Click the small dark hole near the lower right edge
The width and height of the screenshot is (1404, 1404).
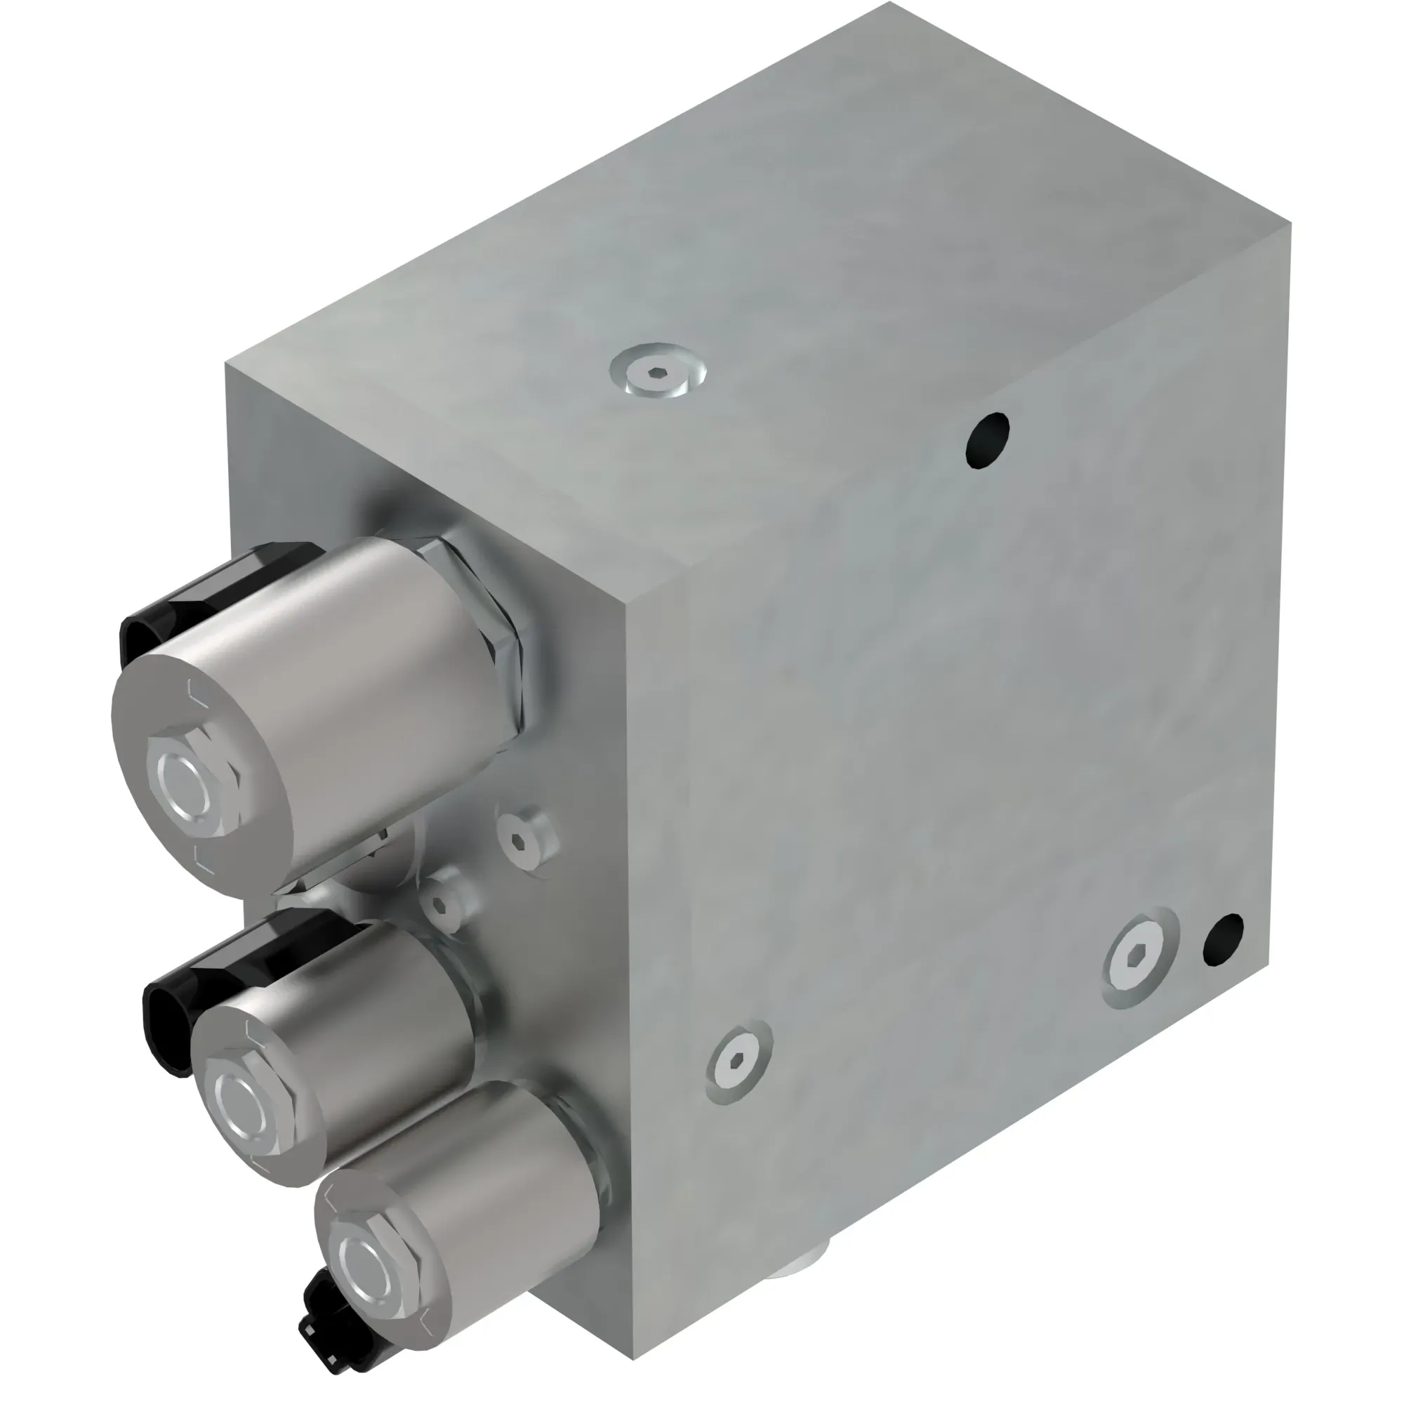(1223, 940)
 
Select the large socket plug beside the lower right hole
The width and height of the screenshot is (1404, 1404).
(1139, 958)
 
